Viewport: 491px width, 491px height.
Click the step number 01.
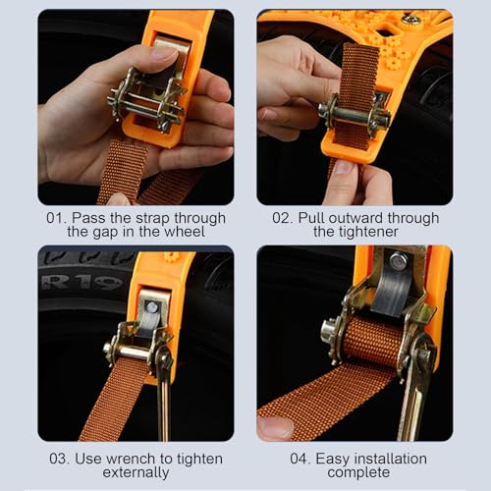(54, 218)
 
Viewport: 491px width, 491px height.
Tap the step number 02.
(282, 218)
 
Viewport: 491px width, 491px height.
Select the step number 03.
(59, 459)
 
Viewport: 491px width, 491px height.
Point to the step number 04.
(300, 459)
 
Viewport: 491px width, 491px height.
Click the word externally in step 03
(136, 472)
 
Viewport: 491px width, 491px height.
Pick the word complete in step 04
(358, 473)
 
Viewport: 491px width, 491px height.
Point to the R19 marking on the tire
(81, 283)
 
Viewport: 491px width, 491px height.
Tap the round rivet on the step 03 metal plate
(151, 307)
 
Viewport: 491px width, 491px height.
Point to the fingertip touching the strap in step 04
(274, 427)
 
